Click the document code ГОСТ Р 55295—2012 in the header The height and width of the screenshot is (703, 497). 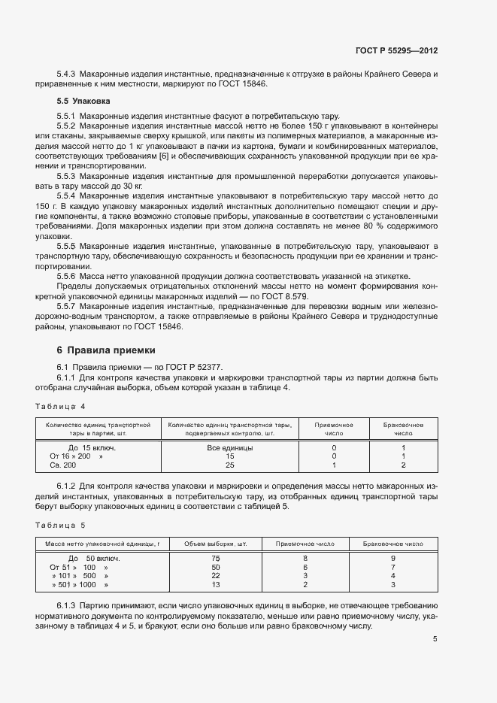[x=396, y=51]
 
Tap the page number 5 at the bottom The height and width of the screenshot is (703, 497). [x=435, y=639]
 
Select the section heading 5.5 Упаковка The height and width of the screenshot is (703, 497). [x=83, y=101]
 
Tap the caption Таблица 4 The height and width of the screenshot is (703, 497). [x=61, y=407]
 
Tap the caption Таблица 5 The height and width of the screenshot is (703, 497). [x=61, y=526]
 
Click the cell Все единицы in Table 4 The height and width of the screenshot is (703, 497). [x=229, y=447]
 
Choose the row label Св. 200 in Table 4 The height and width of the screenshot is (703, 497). [x=64, y=465]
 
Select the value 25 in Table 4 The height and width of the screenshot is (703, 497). [x=229, y=465]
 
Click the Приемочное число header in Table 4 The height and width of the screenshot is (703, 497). [x=334, y=429]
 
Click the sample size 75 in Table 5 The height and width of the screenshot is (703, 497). [x=216, y=559]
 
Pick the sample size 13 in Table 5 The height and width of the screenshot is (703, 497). [x=216, y=585]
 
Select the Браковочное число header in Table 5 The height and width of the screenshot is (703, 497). [x=393, y=543]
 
